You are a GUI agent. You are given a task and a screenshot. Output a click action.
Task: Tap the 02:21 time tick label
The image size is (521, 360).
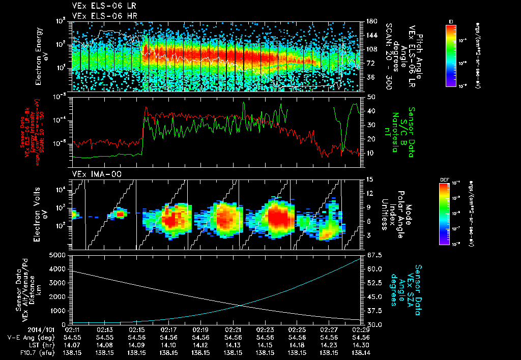[x=233, y=329]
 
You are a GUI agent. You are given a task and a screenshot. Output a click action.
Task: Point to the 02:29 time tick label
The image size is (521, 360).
[x=361, y=329]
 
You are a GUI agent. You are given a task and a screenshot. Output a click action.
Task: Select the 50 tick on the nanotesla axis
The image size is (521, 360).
[x=368, y=97]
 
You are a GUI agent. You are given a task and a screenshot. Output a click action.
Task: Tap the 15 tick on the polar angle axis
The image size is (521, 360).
[x=368, y=179]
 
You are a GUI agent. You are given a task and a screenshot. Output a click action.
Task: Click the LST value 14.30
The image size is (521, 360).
[x=361, y=344]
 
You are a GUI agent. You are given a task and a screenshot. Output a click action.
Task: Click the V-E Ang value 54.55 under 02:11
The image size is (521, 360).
[x=73, y=337]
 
